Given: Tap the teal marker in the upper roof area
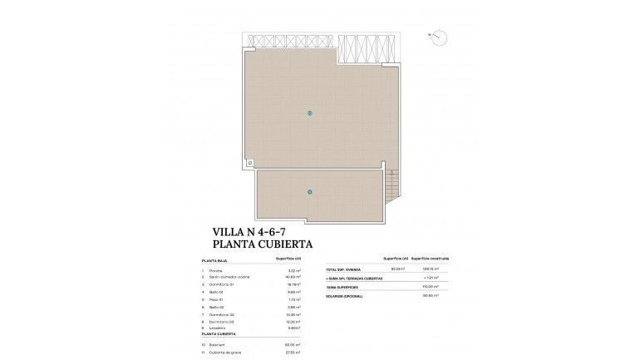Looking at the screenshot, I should (309, 112).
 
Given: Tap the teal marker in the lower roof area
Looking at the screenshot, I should (309, 192).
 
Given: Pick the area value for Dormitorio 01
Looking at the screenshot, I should (292, 284).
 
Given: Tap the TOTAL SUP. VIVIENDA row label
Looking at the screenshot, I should (347, 269).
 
